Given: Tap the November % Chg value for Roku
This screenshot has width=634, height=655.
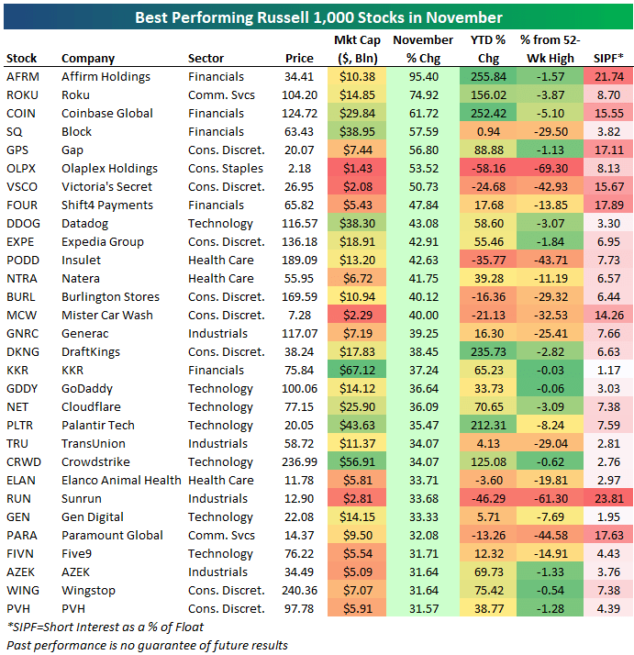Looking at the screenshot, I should tap(423, 95).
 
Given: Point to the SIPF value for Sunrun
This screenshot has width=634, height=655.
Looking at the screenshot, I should tap(608, 499).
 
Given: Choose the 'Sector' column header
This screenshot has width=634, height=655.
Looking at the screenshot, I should tap(206, 59).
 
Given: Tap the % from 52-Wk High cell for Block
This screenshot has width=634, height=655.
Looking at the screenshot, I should tap(550, 132).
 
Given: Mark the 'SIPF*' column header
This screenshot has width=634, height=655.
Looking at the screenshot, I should tap(608, 59).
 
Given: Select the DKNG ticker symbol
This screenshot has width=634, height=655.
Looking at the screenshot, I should tap(22, 352).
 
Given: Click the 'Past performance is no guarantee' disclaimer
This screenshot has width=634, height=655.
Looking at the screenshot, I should tap(147, 645).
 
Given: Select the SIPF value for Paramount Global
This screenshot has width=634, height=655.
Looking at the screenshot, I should tap(608, 536).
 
